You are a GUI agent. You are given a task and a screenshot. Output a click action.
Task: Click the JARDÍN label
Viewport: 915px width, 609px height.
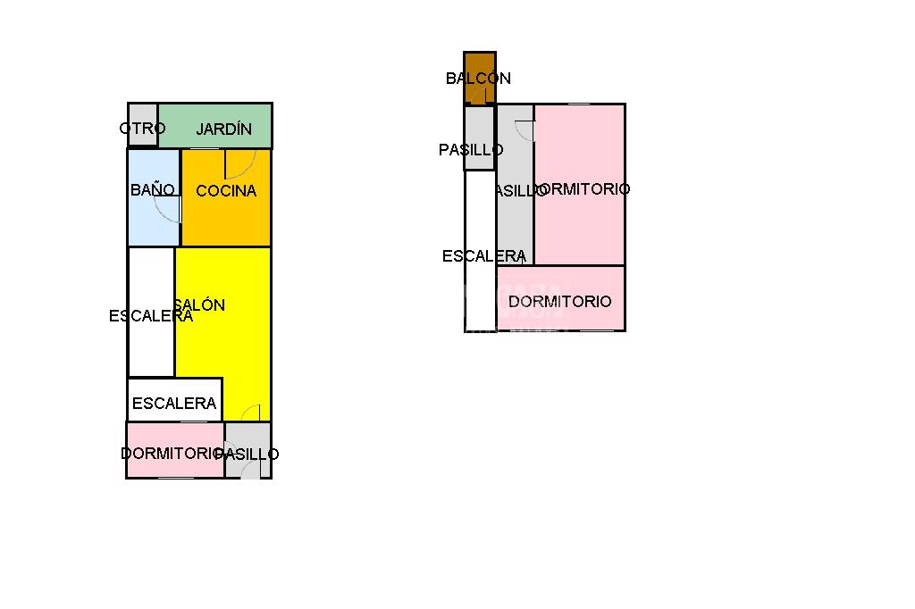coord(223,129)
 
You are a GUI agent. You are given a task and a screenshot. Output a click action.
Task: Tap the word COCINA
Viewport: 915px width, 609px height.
coord(226,190)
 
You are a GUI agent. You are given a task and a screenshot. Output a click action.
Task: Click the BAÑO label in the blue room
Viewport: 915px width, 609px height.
coord(152,189)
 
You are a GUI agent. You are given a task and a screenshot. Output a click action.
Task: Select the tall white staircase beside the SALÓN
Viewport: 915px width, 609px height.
coord(151,344)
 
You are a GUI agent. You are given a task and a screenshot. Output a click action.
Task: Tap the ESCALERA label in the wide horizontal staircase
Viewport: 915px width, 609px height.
coord(174,404)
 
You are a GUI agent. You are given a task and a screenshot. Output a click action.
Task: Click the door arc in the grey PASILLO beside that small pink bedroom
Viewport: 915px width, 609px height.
coord(248,469)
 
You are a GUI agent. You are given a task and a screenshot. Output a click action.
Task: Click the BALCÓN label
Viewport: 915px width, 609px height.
coord(478,79)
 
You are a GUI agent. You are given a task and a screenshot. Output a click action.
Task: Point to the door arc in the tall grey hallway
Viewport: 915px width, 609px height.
coord(525,130)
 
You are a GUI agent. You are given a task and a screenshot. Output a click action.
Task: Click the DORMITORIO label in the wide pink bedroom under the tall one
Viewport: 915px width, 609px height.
coord(560,302)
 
